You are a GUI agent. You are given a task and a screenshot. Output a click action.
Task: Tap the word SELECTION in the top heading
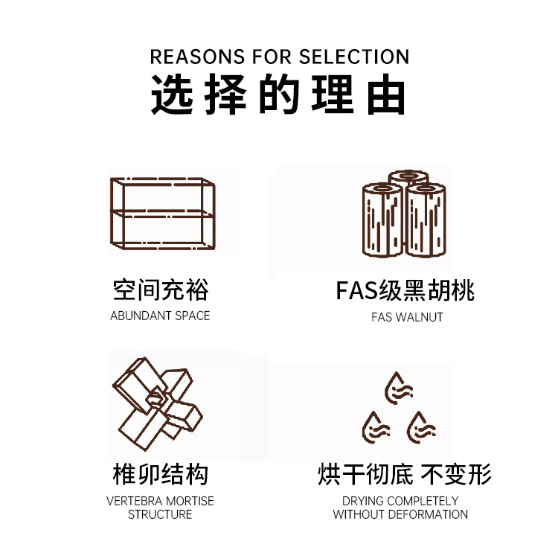tap(354, 57)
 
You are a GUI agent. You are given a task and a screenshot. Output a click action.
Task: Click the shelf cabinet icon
tap(164, 214)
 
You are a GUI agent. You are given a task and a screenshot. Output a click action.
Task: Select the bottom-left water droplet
tap(374, 426)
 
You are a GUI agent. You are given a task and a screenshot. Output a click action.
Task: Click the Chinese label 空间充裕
tap(161, 290)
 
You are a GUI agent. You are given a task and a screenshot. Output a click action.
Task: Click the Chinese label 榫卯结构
tap(160, 474)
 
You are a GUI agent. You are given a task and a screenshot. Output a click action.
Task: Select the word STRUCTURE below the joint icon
tap(160, 514)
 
